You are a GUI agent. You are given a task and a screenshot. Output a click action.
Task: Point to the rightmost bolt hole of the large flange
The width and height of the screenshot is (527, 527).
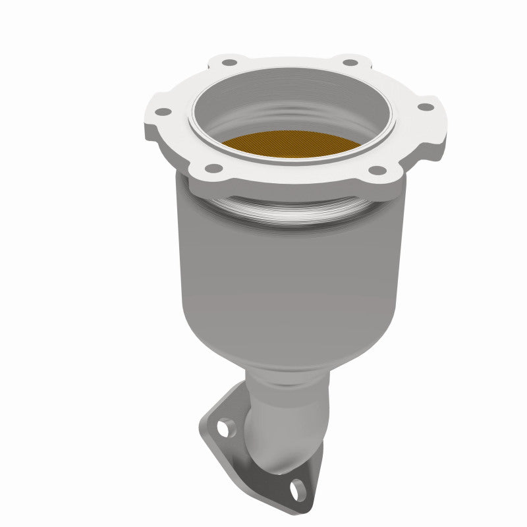426,106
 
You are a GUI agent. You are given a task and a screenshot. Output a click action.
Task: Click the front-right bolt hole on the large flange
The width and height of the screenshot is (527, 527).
376,171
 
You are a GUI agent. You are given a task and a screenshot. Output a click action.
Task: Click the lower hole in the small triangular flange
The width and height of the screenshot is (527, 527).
299,489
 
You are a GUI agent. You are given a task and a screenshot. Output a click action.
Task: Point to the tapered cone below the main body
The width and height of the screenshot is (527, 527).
290,349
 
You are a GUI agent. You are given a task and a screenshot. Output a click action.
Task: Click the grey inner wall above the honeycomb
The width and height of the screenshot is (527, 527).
290,109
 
